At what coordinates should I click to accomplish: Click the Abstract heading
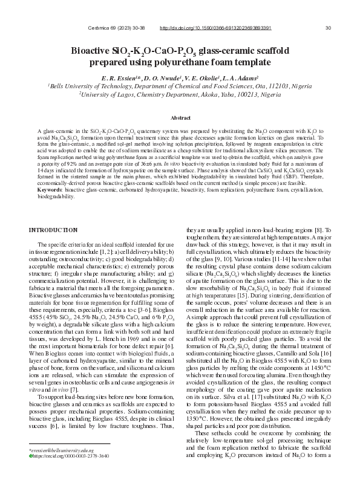click(x=180, y=118)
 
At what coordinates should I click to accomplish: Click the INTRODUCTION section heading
click(x=53, y=230)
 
